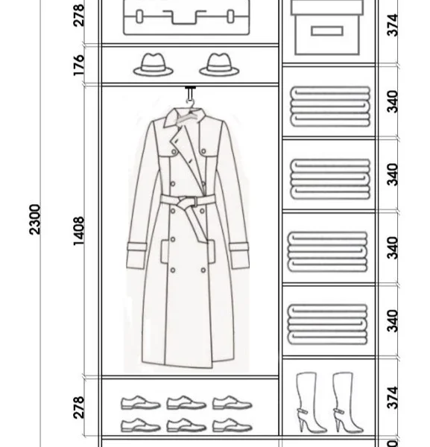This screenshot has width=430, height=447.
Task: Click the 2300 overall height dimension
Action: (x=35, y=219)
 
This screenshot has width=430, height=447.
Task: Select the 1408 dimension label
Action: (x=79, y=231)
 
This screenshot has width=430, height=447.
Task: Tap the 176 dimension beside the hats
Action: (x=79, y=66)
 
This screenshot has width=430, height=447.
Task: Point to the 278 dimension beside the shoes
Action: (x=79, y=408)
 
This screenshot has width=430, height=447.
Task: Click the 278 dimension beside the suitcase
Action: (x=79, y=16)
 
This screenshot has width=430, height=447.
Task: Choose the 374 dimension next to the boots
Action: (x=392, y=398)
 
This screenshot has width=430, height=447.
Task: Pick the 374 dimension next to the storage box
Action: (x=392, y=25)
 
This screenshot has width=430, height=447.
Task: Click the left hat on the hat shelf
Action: (x=153, y=65)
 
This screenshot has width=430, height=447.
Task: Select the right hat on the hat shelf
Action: (x=219, y=65)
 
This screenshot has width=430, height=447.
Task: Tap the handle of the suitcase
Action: (x=185, y=17)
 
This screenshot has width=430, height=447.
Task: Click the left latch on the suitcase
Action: (x=139, y=16)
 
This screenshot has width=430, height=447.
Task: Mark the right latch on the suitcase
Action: (x=231, y=16)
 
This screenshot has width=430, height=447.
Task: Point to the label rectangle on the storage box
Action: (x=327, y=31)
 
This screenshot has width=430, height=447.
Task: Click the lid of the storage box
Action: (x=327, y=7)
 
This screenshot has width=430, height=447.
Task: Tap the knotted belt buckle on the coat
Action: (x=187, y=202)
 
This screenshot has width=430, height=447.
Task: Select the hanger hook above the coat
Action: (x=190, y=95)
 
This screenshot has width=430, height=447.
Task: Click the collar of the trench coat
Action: (x=185, y=118)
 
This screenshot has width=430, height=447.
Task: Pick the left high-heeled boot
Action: (x=310, y=402)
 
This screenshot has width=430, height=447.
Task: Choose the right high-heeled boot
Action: (x=347, y=402)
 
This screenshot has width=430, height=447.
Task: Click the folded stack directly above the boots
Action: (x=328, y=324)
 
